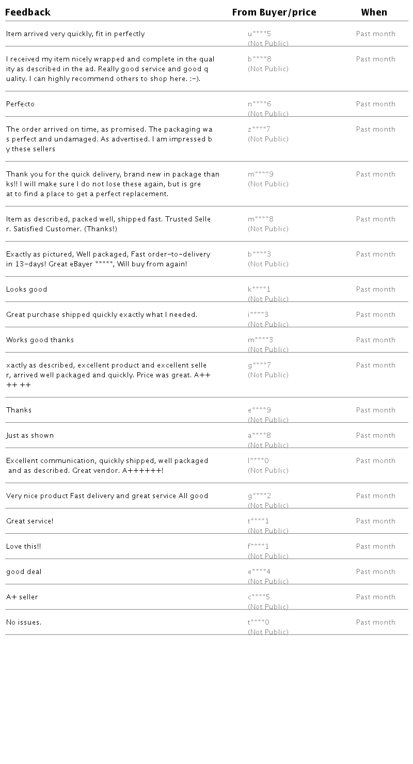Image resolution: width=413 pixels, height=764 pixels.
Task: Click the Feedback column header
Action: click(x=28, y=12)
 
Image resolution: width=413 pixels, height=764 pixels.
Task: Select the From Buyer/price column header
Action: click(x=274, y=12)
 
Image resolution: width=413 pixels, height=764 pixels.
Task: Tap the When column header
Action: click(x=374, y=12)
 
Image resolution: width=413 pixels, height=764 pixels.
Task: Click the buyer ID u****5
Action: click(x=259, y=34)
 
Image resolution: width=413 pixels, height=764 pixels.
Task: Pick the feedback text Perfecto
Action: click(x=20, y=104)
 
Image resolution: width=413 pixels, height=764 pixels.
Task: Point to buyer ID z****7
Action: click(x=259, y=130)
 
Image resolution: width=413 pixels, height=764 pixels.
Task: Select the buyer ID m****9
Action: click(x=261, y=174)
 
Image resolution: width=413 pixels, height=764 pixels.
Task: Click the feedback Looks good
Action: click(x=26, y=290)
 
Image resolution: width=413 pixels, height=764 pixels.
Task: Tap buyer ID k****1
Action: click(x=259, y=290)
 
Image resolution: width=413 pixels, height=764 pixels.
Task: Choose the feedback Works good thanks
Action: click(x=40, y=340)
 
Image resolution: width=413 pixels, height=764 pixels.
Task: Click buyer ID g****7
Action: click(x=259, y=365)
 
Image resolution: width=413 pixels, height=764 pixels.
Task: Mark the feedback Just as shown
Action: click(x=30, y=436)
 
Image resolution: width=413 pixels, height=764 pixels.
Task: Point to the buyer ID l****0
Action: click(x=259, y=461)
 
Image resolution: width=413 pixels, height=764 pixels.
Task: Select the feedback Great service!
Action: click(x=29, y=521)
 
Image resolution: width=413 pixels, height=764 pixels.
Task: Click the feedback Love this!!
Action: click(x=23, y=547)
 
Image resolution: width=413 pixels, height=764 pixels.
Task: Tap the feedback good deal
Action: click(x=24, y=572)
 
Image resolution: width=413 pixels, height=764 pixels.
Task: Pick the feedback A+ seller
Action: click(x=22, y=597)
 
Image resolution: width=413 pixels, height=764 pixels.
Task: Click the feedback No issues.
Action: click(x=24, y=623)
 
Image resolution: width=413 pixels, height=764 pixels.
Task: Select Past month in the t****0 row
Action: click(x=375, y=623)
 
